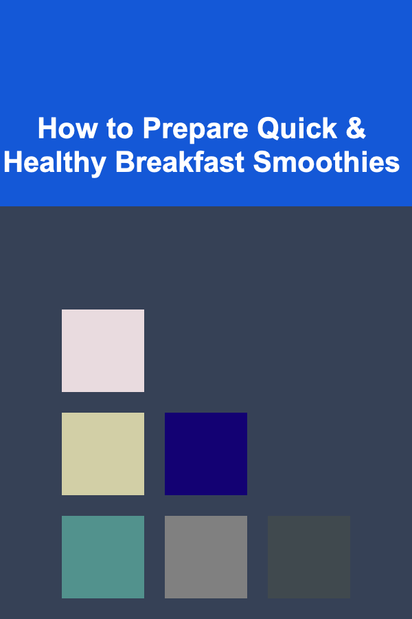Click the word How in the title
(x=67, y=129)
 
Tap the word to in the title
(x=120, y=129)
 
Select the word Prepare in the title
(x=196, y=130)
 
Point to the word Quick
(x=297, y=129)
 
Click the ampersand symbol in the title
(x=356, y=128)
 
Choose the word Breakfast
(x=179, y=162)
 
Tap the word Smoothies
(x=326, y=162)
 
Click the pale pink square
(x=103, y=351)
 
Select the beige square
(x=103, y=454)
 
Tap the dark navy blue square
(x=206, y=454)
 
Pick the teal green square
(x=103, y=556)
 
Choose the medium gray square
(x=206, y=556)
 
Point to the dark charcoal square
(x=309, y=556)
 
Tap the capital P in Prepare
(x=152, y=129)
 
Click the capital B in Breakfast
(x=126, y=162)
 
